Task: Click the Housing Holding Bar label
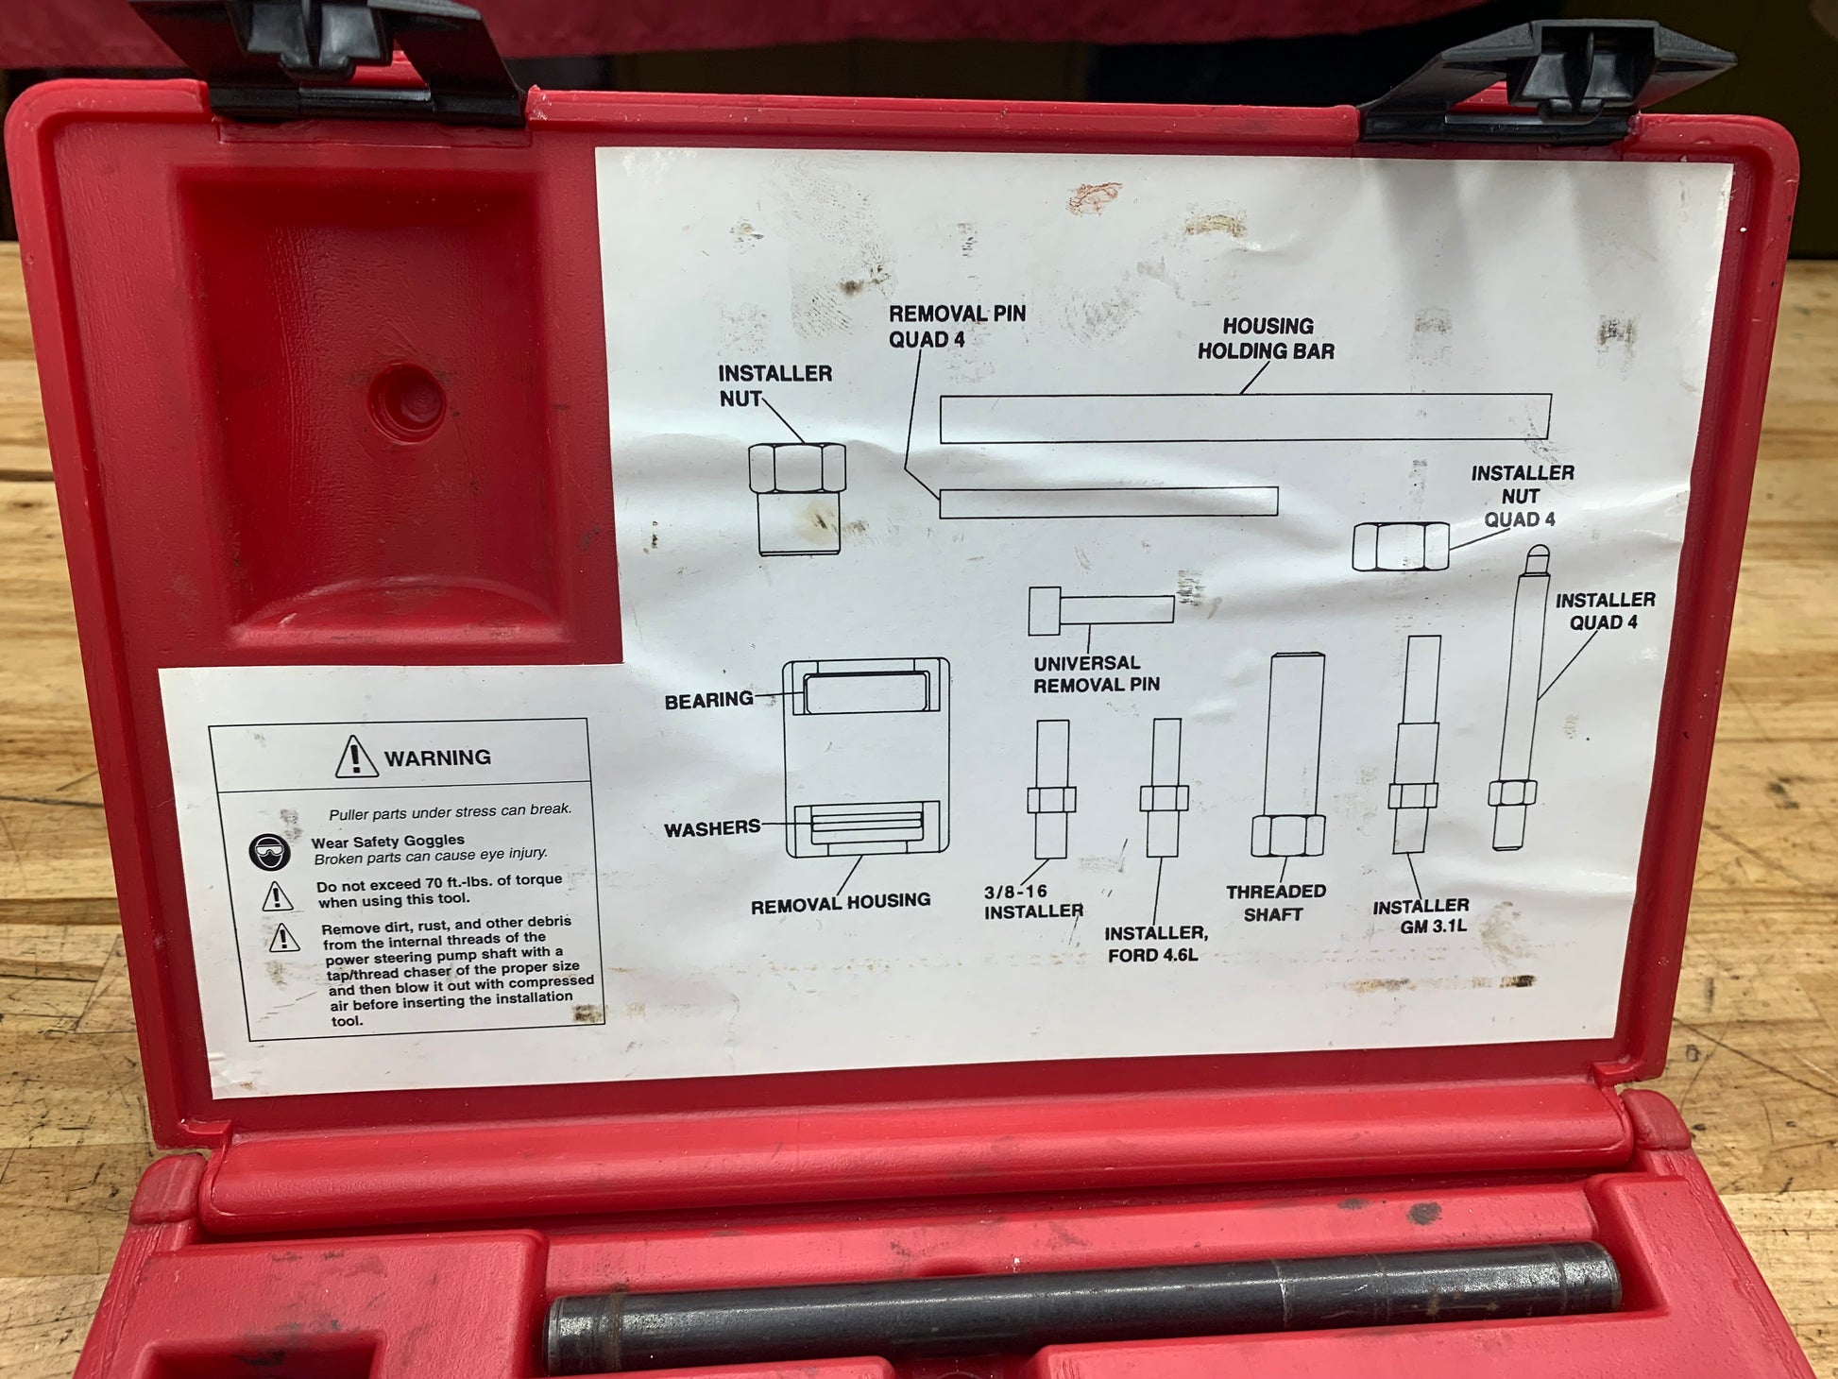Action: point(1266,338)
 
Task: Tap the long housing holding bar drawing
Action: point(1245,418)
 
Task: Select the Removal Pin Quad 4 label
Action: point(957,326)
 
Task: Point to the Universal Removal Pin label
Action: point(1096,673)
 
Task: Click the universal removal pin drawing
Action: point(1101,610)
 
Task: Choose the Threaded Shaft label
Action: point(1275,903)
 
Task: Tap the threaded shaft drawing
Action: point(1288,755)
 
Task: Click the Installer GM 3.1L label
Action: point(1421,916)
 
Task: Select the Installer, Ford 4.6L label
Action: point(1155,944)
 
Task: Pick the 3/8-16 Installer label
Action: point(1033,901)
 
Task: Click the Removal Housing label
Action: point(841,903)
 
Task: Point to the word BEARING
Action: point(708,701)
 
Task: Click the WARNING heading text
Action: point(437,758)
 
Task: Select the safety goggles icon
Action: point(270,851)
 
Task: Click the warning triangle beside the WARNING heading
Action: point(356,757)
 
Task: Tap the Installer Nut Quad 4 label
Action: point(1522,496)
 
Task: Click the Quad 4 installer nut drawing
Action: point(1400,547)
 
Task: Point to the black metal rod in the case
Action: point(1084,1306)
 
